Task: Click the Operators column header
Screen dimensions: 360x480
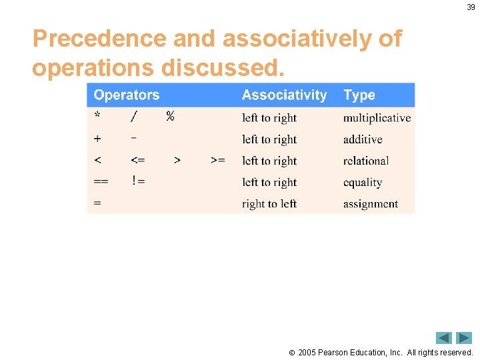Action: (x=127, y=95)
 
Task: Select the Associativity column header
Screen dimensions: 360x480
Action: (x=284, y=95)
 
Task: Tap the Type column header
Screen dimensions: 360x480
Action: (x=359, y=95)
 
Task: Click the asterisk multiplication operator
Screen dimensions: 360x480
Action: (x=98, y=116)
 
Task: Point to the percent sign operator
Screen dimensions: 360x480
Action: (x=170, y=117)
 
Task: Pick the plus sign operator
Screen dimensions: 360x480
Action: (x=98, y=139)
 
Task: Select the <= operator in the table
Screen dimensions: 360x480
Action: (x=138, y=161)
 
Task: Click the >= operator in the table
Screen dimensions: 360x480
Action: (x=217, y=161)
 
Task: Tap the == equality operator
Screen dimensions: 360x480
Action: (x=102, y=182)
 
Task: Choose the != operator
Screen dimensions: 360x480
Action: (x=138, y=182)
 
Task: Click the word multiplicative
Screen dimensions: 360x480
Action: (x=377, y=118)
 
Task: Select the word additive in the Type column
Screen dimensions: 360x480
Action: (x=363, y=139)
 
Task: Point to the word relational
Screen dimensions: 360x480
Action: (x=366, y=161)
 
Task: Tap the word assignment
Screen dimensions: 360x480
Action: (x=371, y=204)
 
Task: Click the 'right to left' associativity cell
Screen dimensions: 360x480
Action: (x=269, y=204)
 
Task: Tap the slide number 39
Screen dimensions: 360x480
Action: (x=471, y=7)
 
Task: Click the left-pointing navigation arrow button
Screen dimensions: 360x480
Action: (x=444, y=338)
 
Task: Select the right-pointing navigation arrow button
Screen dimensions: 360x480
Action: (x=464, y=338)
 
